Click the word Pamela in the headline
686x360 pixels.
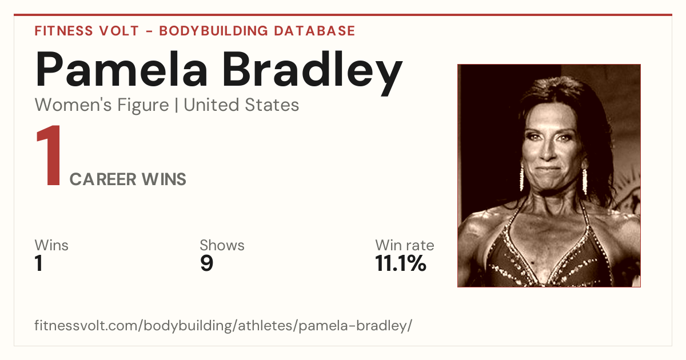(122, 69)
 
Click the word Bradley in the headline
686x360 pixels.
(312, 73)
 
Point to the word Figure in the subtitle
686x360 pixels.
(143, 106)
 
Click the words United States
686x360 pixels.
(241, 105)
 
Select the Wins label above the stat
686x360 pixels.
(51, 245)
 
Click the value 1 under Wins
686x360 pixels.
(39, 263)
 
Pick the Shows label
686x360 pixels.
(222, 245)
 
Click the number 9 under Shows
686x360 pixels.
(207, 263)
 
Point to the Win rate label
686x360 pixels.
(405, 245)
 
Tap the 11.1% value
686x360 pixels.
(401, 263)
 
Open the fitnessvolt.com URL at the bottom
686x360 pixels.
(224, 325)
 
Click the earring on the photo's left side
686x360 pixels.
(521, 177)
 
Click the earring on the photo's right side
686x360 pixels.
(584, 181)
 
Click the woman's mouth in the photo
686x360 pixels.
(548, 169)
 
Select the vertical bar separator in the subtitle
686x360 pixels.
(177, 105)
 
